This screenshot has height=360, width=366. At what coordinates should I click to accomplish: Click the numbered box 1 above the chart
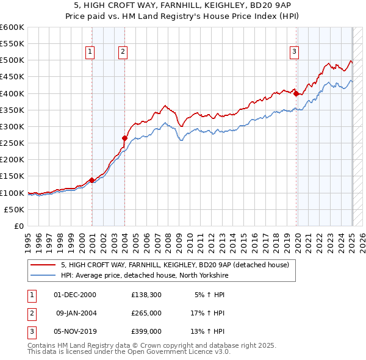click(x=90, y=52)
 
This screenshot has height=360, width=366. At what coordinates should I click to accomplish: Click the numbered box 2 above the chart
click(x=123, y=52)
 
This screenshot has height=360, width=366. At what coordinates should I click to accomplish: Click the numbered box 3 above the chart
click(x=294, y=52)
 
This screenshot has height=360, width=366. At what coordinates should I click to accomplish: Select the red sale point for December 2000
click(x=91, y=180)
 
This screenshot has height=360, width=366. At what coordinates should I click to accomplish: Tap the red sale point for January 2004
click(x=124, y=138)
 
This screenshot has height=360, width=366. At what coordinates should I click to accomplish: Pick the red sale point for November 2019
click(x=295, y=93)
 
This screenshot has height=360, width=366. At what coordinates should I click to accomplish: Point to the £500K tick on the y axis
click(x=12, y=60)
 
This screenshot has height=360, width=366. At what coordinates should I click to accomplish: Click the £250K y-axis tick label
click(x=12, y=143)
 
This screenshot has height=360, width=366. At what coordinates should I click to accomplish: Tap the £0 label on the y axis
click(x=18, y=226)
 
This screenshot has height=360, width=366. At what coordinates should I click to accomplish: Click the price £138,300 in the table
click(x=146, y=295)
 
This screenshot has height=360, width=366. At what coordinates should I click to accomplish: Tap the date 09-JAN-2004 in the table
click(x=76, y=313)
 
